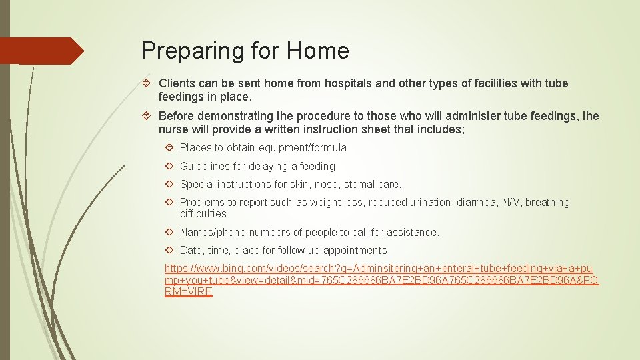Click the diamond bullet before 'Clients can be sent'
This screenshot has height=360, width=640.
[149, 83]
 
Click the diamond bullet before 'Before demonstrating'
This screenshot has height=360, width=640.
[149, 116]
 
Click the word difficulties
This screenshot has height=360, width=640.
[204, 214]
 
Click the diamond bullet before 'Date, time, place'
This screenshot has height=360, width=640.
[170, 251]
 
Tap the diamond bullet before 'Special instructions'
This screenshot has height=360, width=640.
[170, 184]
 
